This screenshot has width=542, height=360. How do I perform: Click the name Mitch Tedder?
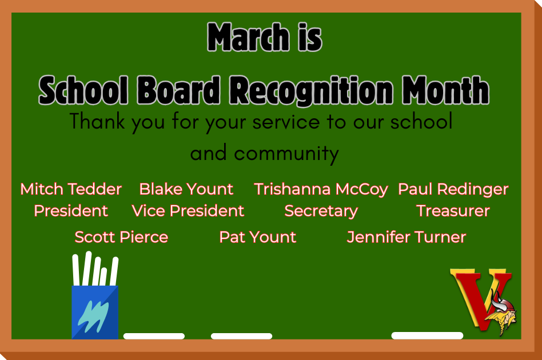pos(71,189)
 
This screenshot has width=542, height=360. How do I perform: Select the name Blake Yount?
pos(186,189)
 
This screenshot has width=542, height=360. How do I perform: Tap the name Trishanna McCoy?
pos(321,189)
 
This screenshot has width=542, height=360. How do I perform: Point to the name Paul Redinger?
pos(453,189)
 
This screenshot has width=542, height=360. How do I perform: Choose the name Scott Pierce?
pos(121,237)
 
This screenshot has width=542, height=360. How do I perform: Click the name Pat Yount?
pos(258,237)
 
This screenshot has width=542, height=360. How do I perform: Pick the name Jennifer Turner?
pos(406,237)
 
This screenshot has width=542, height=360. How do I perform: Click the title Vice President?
pos(188,211)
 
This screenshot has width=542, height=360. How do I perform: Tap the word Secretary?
pos(321,211)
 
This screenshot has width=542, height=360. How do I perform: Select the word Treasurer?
pos(453,211)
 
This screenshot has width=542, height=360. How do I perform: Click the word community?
pos(286,153)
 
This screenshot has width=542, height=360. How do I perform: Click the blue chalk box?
pos(95,311)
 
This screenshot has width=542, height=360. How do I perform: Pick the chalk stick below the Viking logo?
pos(427,335)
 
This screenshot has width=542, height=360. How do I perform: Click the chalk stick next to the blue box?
pos(154,336)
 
